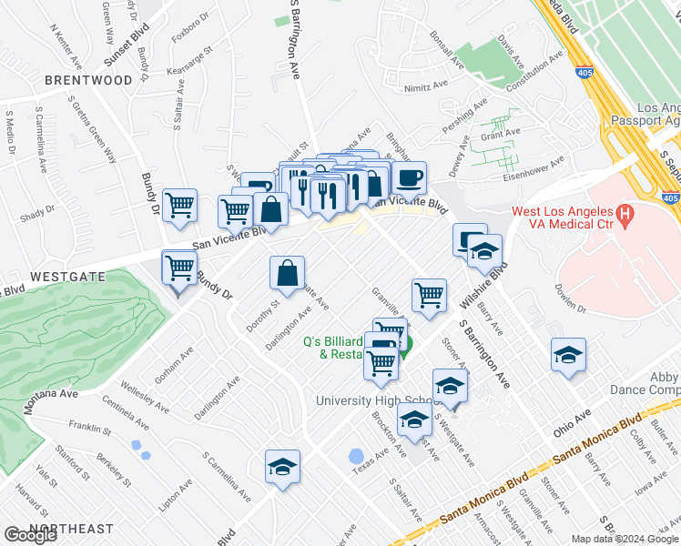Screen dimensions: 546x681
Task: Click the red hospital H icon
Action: pos(625,216)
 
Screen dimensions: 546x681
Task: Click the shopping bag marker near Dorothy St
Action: pos(288,272)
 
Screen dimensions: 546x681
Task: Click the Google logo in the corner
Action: pos(30,535)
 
